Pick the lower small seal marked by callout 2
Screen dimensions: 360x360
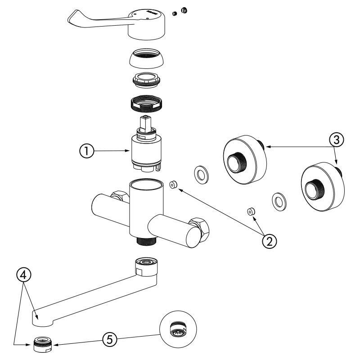point(250,211)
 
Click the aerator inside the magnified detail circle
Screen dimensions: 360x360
point(178,330)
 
